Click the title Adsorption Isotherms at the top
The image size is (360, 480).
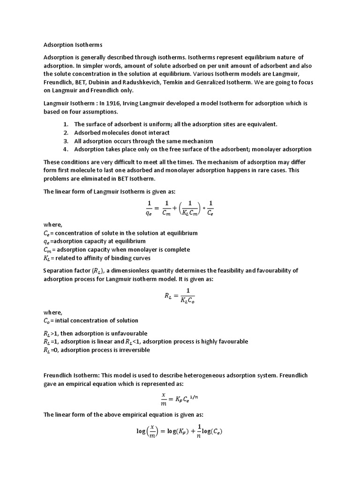pos(73,45)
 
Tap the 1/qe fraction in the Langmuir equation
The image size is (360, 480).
pos(149,207)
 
